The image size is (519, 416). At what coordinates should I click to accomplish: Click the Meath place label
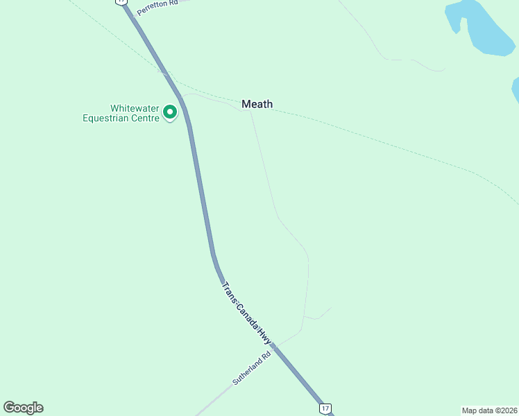257,104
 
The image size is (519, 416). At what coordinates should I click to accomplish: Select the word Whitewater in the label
135,109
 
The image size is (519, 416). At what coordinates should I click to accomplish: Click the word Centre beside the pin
150,118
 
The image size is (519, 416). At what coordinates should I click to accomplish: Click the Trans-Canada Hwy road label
246,313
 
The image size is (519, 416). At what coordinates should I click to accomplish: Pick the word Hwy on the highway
264,335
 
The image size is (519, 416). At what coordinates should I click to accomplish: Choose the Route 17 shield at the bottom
325,408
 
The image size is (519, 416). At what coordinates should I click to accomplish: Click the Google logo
23,408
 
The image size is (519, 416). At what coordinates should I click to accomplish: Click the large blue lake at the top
483,28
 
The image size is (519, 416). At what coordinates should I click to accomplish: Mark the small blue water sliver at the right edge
516,90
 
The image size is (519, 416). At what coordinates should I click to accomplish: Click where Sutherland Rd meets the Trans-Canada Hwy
275,345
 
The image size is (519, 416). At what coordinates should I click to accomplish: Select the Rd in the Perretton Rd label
173,3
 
